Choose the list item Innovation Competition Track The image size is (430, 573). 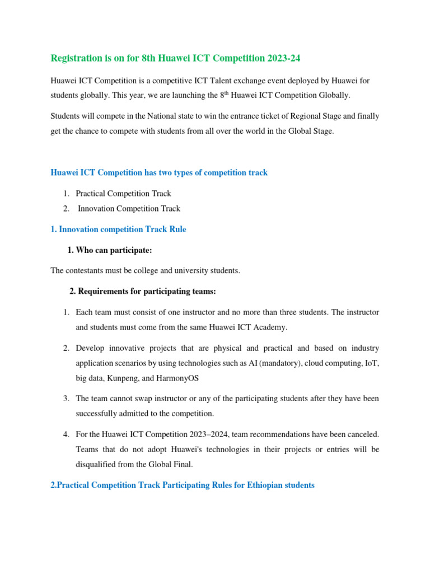(129, 209)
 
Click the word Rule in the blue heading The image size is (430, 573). (175, 229)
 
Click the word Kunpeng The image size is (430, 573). (123, 378)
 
